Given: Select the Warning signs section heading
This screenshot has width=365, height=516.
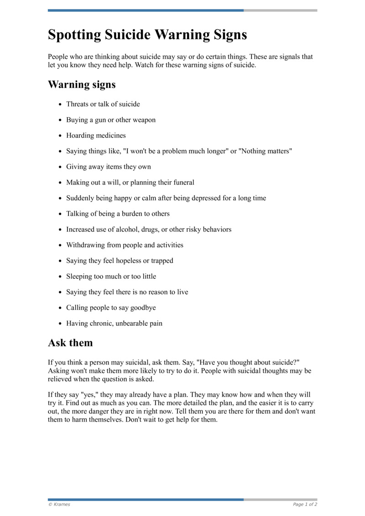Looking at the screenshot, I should (x=82, y=85).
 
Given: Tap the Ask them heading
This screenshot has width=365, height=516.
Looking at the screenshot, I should (x=70, y=343).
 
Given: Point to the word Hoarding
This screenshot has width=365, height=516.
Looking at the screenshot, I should (x=80, y=136).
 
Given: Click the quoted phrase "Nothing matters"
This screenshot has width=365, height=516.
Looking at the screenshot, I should (x=265, y=151).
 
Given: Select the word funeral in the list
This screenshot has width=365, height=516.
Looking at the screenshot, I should (x=182, y=182).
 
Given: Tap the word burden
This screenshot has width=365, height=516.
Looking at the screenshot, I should (x=132, y=214).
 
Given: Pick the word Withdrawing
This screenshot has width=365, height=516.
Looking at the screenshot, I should (x=85, y=245).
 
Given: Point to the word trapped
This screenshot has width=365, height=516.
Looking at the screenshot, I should (x=162, y=261).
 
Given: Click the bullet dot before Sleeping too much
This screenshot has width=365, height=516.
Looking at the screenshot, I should (x=60, y=277).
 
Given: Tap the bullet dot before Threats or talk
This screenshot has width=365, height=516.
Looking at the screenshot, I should (x=60, y=104).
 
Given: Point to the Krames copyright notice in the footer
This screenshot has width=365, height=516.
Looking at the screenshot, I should (x=59, y=505).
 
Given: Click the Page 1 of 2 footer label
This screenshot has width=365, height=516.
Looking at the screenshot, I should (x=305, y=505).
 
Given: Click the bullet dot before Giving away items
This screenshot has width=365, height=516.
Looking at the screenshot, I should (x=60, y=167).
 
